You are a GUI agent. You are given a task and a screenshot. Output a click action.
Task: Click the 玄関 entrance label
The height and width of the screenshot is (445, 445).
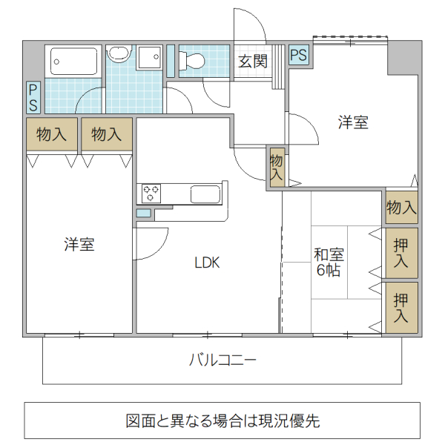coord(253,62)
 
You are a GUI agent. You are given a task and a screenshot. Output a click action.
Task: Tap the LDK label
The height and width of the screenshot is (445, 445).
coord(207,263)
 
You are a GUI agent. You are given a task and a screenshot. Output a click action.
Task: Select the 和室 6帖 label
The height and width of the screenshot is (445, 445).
coord(329,263)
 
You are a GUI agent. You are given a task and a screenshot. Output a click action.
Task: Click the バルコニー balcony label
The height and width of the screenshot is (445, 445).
coord(222,361)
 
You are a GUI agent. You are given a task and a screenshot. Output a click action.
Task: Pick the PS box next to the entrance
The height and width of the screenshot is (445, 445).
coord(299,55)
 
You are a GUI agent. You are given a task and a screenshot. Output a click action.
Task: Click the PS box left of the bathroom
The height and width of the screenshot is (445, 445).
coord(33,97)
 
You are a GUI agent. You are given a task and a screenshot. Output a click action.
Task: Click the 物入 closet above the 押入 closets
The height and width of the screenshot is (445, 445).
coord(401,208)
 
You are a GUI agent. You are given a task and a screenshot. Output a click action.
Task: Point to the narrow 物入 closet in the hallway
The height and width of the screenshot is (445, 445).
coord(276,168)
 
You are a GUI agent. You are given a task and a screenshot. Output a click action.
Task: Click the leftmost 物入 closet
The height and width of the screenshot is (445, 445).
coord(52,134)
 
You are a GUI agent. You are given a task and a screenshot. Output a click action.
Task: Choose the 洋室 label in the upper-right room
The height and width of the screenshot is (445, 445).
coord(353,122)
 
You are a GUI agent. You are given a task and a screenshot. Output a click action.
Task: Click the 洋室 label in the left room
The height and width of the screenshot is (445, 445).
coord(79,244)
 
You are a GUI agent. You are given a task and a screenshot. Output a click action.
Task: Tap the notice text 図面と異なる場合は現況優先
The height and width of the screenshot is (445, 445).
coord(222,421)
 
